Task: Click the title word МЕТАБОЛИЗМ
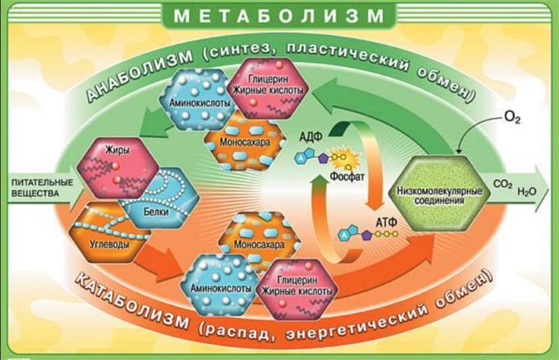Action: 279,15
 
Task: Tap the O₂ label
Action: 512,117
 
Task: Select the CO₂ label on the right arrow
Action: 502,185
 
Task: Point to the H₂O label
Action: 527,192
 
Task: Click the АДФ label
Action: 311,136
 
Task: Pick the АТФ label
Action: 386,222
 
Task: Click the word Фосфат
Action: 347,176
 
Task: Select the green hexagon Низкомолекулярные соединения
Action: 440,194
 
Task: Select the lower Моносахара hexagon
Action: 259,243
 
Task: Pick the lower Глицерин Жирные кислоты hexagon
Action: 296,289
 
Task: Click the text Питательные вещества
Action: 43,188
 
